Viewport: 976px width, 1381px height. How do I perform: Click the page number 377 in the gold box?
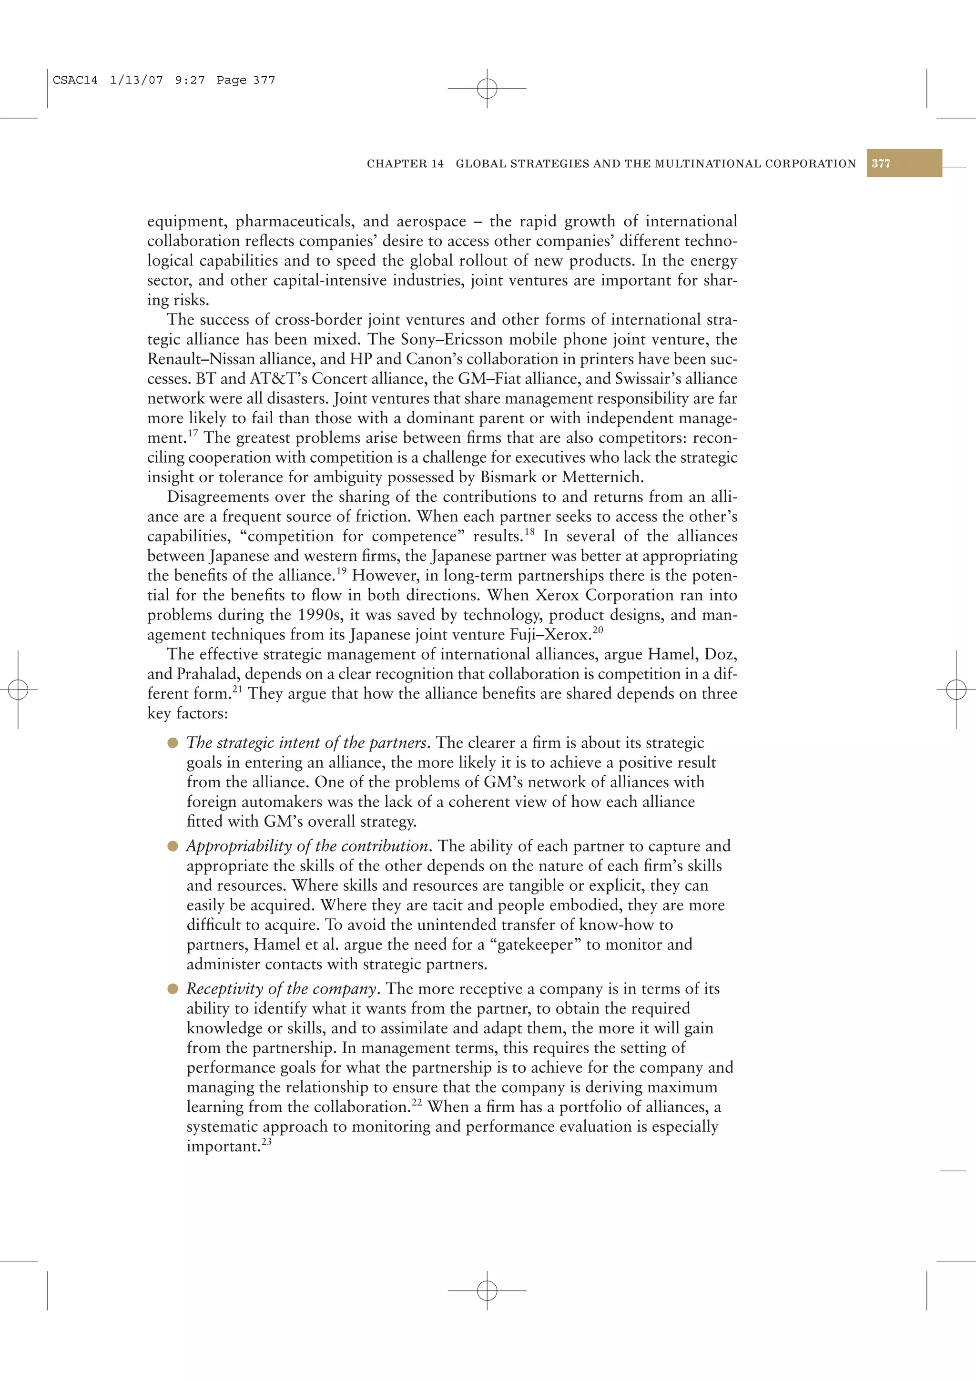[x=881, y=163]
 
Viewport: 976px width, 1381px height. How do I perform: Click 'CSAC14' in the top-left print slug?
[x=75, y=80]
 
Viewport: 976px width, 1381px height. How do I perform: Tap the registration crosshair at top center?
[x=487, y=89]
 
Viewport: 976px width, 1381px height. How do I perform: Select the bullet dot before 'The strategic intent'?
[x=173, y=743]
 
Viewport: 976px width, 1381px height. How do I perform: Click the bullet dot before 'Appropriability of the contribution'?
[x=173, y=846]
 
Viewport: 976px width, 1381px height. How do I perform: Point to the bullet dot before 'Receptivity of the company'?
[x=173, y=989]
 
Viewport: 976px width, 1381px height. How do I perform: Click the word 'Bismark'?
[x=508, y=477]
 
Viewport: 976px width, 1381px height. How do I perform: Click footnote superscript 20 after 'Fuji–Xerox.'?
[x=598, y=630]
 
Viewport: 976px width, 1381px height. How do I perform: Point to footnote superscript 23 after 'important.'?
[x=266, y=1141]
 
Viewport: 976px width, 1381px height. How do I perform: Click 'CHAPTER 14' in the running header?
[x=405, y=163]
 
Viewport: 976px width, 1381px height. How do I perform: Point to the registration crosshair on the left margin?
[x=18, y=689]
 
